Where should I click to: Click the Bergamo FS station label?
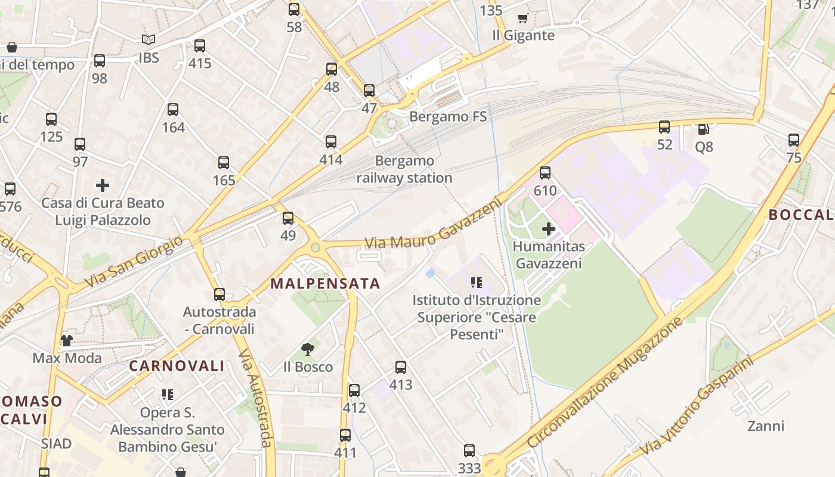click(448, 116)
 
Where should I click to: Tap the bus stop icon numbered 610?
click(545, 173)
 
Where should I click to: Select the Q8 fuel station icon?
click(704, 129)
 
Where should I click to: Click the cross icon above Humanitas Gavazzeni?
click(549, 228)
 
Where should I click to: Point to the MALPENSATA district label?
click(326, 283)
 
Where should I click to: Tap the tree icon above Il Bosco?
click(308, 349)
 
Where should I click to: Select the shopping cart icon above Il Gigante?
click(523, 18)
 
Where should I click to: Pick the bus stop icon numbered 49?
click(288, 218)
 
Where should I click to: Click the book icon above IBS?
click(149, 40)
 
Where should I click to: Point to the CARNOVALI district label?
click(177, 366)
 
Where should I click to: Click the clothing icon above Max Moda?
click(67, 340)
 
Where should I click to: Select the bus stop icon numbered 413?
click(401, 367)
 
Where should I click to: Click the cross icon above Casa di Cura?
click(103, 185)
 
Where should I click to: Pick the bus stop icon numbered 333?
click(469, 451)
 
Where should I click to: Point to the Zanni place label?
click(766, 426)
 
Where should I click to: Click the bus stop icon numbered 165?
click(224, 163)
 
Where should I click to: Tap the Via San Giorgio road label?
click(133, 261)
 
